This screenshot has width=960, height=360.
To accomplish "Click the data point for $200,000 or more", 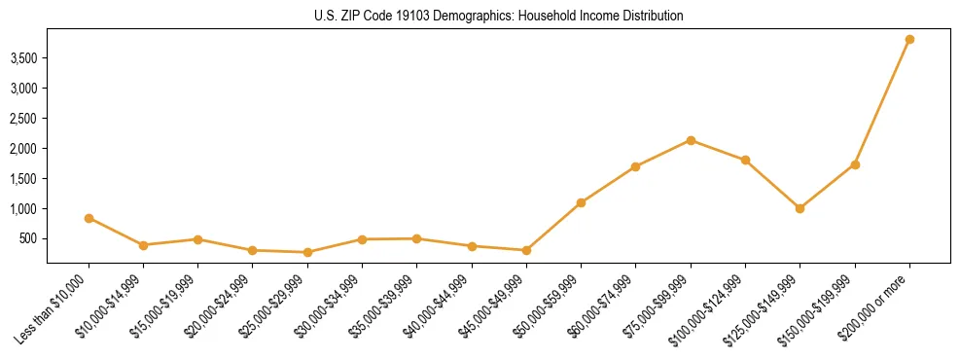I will tap(909, 39).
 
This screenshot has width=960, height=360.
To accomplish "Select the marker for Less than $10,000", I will tap(89, 218).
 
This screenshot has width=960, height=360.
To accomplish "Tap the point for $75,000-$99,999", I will tap(691, 140).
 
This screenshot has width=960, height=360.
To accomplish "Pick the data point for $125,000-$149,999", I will tap(800, 208).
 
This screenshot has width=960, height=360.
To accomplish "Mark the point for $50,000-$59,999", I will tap(581, 202).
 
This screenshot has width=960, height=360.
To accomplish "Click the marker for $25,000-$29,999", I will tap(307, 252).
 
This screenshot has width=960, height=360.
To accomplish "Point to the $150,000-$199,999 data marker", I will tap(855, 164).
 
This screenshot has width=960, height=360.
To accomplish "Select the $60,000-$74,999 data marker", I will tap(635, 166).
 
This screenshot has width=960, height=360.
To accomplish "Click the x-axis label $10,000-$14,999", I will tap(112, 306).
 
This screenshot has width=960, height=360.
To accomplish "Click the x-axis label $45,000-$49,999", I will tap(494, 306).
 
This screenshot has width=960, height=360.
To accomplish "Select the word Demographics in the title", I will tap(468, 16).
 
